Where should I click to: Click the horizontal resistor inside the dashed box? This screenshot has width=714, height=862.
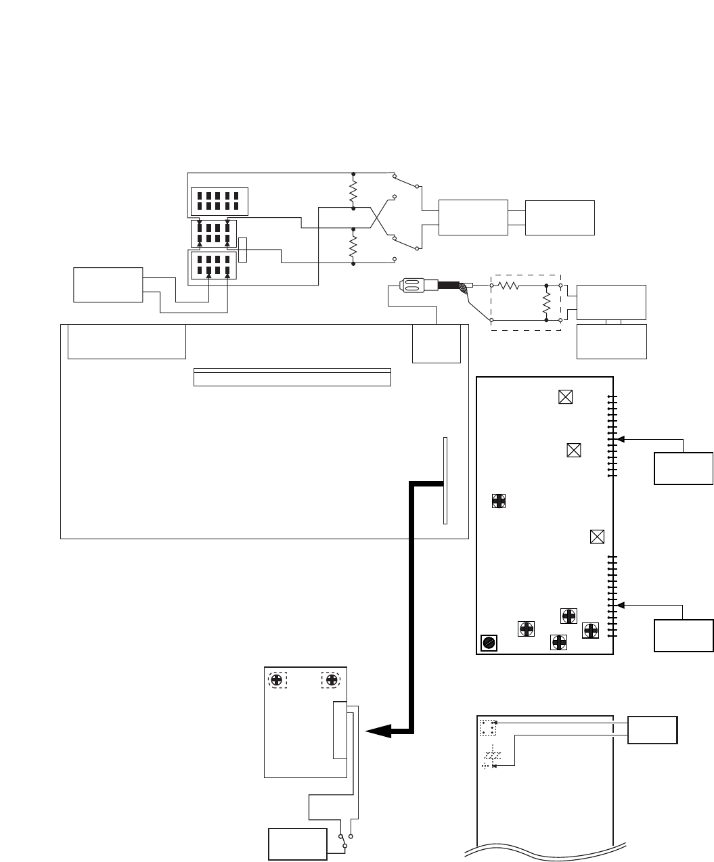pyautogui.click(x=508, y=286)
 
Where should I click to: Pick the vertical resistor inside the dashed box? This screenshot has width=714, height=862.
pyautogui.click(x=546, y=302)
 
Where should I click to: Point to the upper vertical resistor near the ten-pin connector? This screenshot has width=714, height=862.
pyautogui.click(x=353, y=191)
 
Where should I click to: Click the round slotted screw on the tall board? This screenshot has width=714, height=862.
pyautogui.click(x=488, y=643)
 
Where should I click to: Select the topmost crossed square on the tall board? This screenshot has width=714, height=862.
pyautogui.click(x=566, y=397)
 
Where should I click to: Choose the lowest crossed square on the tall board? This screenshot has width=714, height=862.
pyautogui.click(x=597, y=537)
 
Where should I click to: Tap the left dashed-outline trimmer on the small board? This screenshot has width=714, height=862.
pyautogui.click(x=277, y=680)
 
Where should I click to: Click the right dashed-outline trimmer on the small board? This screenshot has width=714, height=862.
pyautogui.click(x=331, y=680)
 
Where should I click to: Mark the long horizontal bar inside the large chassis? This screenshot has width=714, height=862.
pyautogui.click(x=292, y=378)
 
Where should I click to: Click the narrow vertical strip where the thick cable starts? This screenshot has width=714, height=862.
pyautogui.click(x=445, y=480)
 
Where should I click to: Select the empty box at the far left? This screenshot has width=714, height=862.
pyautogui.click(x=108, y=285)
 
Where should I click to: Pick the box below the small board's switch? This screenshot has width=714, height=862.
pyautogui.click(x=298, y=844)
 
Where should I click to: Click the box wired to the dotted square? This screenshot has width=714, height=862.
pyautogui.click(x=652, y=730)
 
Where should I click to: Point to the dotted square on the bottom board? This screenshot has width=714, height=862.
pyautogui.click(x=488, y=728)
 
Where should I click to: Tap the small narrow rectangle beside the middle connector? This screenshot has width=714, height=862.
pyautogui.click(x=243, y=250)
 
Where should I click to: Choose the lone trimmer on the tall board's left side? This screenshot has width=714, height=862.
pyautogui.click(x=499, y=501)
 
